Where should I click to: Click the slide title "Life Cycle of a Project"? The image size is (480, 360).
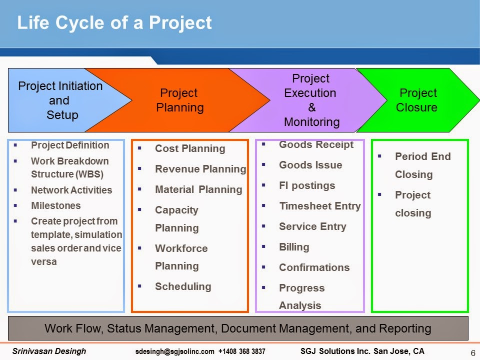pos(114,22)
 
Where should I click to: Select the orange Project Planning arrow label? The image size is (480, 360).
pos(179,100)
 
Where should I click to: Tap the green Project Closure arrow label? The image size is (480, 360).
pos(416,100)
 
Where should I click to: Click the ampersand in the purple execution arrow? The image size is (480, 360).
pos(311,107)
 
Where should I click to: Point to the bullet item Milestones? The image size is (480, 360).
pos(56,205)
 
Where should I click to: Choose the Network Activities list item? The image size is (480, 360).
pos(71,190)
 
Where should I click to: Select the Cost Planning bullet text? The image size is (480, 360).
pos(190,148)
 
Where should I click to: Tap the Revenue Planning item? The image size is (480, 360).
pos(200,169)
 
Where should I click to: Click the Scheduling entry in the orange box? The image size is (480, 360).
pos(183,286)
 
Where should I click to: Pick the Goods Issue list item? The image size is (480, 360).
pos(310,165)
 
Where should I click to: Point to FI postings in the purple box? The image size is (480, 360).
pos(307,185)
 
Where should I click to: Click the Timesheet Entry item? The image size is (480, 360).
pos(320,206)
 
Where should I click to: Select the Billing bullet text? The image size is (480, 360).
pos(294,247)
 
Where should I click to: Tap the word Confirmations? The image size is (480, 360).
pos(314,267)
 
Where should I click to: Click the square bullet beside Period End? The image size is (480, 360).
pos(379,156)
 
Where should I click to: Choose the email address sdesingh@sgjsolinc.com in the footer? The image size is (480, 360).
pos(175,351)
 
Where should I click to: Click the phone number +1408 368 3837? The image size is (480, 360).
pos(242,351)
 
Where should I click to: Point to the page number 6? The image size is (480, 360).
pos(473,353)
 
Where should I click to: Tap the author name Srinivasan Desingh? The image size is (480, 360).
pos(49,351)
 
